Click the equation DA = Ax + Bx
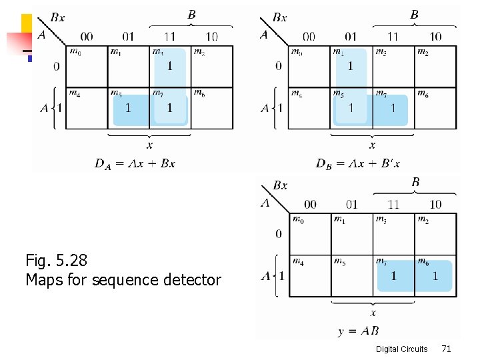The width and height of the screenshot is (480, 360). pyautogui.click(x=135, y=163)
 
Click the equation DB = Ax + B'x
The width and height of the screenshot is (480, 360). pyautogui.click(x=357, y=163)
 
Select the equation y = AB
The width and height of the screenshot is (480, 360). pyautogui.click(x=358, y=331)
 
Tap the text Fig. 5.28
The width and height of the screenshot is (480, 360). pyautogui.click(x=56, y=259)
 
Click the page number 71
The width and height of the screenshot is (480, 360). pyautogui.click(x=446, y=348)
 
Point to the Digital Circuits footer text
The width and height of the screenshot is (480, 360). pyautogui.click(x=401, y=349)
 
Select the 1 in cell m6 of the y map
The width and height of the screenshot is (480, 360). pyautogui.click(x=435, y=275)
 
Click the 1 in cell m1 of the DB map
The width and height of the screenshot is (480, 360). pyautogui.click(x=350, y=65)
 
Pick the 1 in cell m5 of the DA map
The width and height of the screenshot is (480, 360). pyautogui.click(x=127, y=107)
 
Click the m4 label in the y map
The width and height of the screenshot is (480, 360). pyautogui.click(x=298, y=261)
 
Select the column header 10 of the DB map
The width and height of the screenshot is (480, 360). pyautogui.click(x=435, y=36)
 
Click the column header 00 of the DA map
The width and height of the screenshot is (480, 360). pyautogui.click(x=87, y=36)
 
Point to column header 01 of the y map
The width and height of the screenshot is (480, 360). pyautogui.click(x=351, y=204)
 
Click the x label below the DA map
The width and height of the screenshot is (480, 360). pyautogui.click(x=149, y=145)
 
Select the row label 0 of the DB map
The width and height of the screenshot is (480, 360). pyautogui.click(x=279, y=66)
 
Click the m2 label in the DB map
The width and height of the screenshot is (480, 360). pyautogui.click(x=422, y=52)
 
